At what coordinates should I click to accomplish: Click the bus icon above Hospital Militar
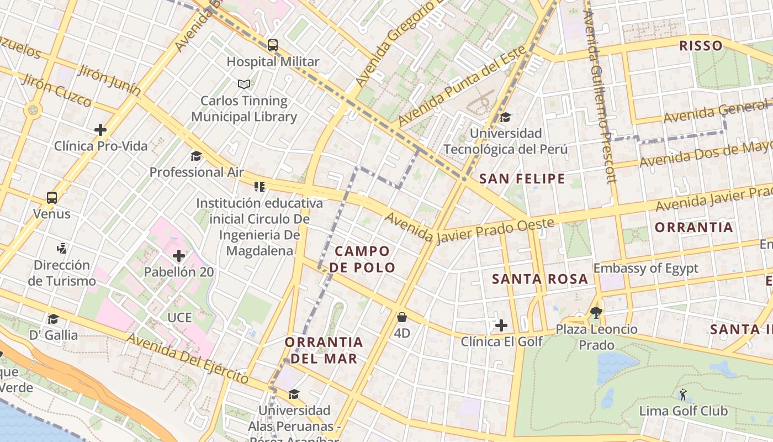pos(273,45)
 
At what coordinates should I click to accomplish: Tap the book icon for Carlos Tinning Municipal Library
pos(244,84)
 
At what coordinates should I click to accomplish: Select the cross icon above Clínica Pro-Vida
pos(100,130)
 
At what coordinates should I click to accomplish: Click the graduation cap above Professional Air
pos(196,156)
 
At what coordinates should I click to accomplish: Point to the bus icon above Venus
pos(52,197)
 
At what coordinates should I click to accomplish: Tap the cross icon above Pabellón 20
pos(179,256)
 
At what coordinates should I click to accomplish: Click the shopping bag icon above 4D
pos(402,317)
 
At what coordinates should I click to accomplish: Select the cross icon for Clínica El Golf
pos(501,325)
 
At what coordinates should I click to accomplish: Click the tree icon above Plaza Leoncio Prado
pos(596,313)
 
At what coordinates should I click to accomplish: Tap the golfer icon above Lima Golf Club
pos(683,394)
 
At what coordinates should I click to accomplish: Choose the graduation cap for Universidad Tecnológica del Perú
pos(505,117)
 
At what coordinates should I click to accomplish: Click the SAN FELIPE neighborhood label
pos(522,178)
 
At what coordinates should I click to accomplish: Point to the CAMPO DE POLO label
pos(363,259)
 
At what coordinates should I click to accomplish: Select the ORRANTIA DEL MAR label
pos(324,350)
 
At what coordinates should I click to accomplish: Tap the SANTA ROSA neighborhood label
pos(540,279)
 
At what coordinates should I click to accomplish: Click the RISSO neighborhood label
pos(701,45)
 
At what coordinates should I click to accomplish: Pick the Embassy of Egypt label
pos(645,269)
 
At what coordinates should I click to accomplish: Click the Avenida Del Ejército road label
pos(188,358)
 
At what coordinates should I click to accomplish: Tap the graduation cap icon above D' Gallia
pos(53,319)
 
